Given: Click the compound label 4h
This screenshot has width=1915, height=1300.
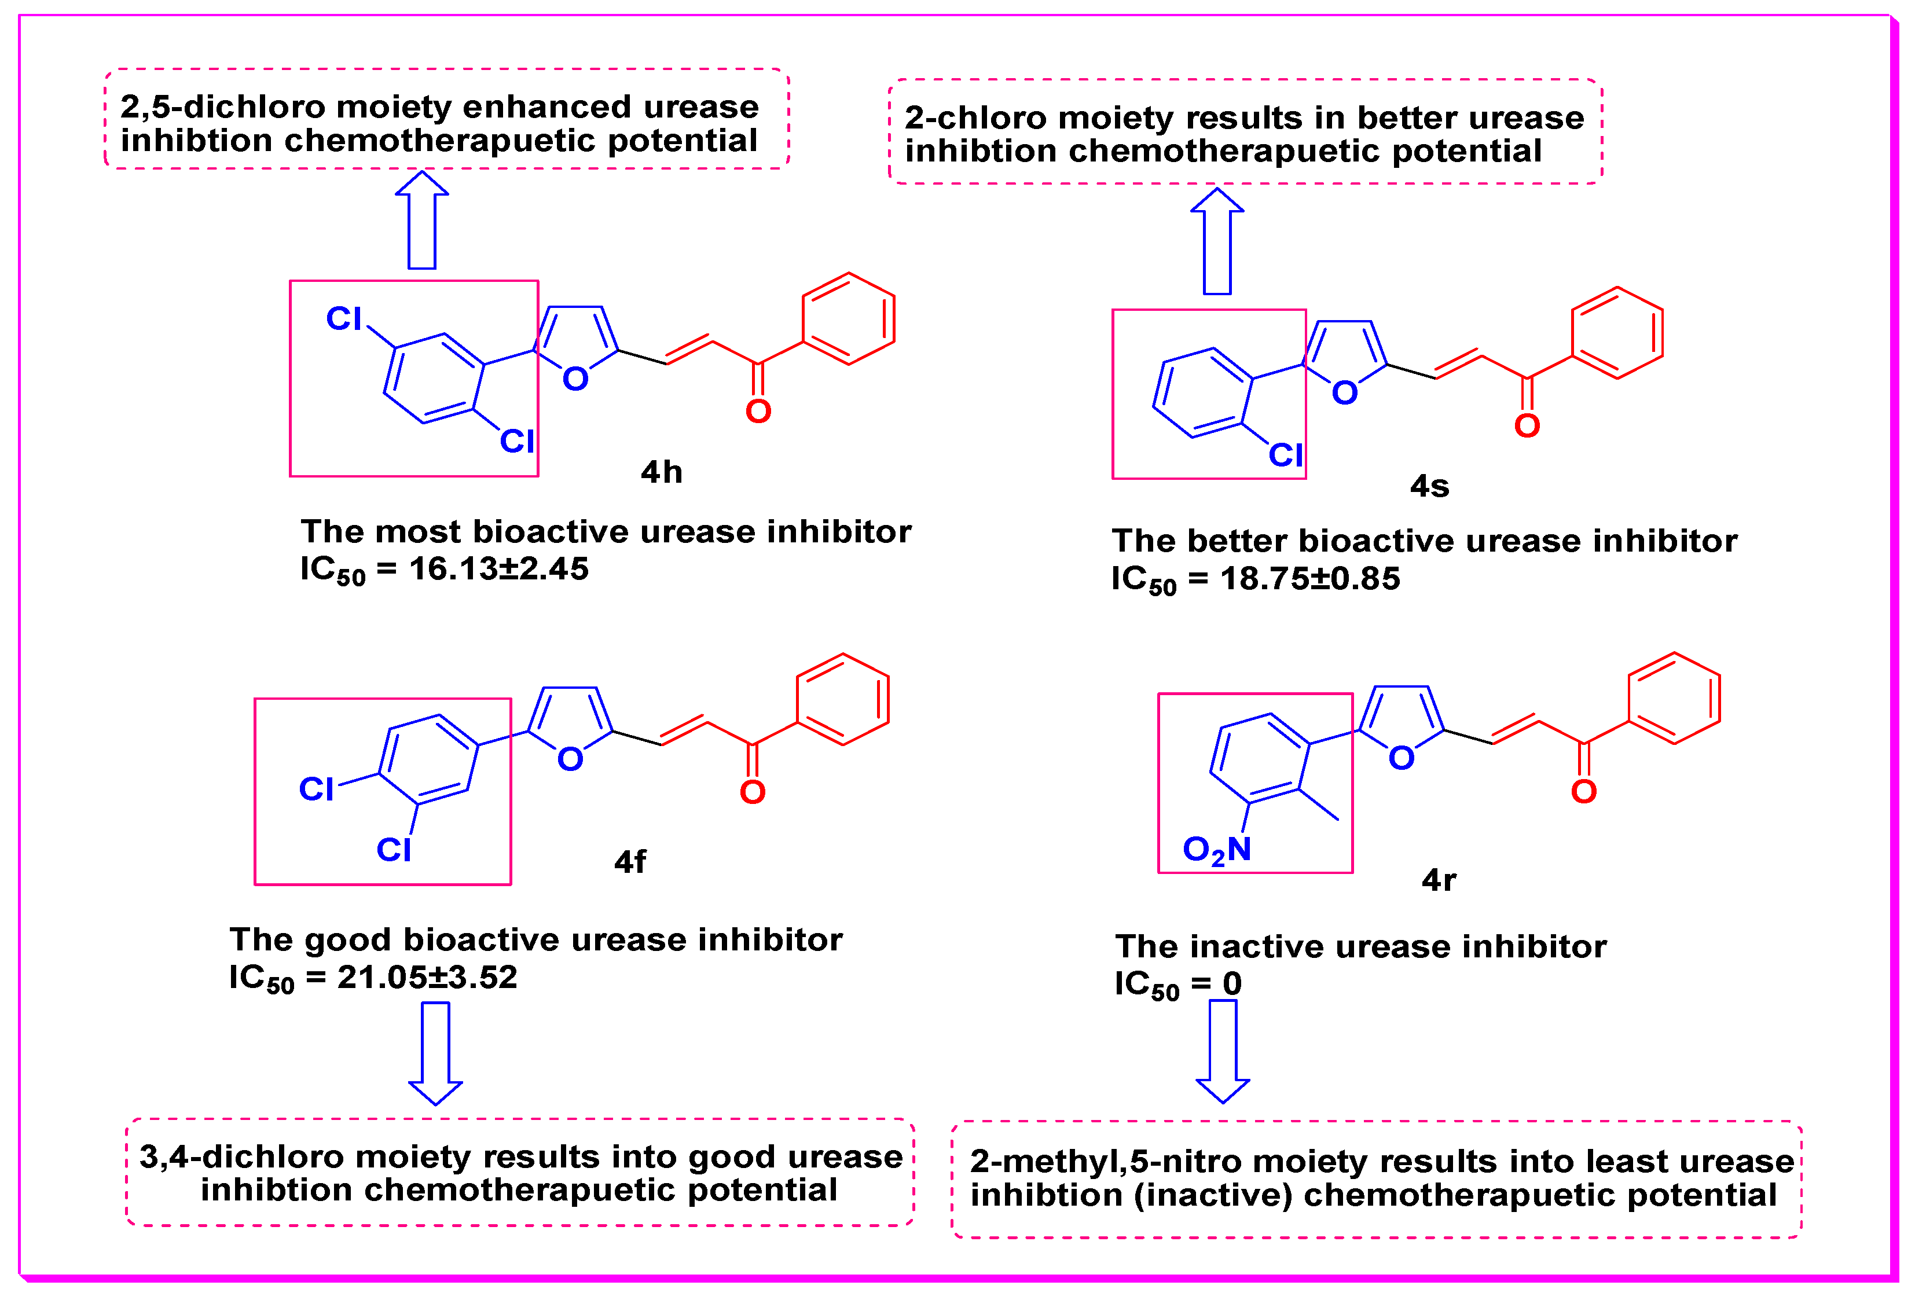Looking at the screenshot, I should [x=661, y=472].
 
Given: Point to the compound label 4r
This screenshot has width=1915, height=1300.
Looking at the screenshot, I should [x=1439, y=880].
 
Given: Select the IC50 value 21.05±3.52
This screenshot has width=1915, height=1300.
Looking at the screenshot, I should [x=427, y=977].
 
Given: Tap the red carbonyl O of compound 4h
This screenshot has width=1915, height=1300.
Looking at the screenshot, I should [x=758, y=411].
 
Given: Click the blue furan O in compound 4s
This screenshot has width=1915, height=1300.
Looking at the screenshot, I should [x=1345, y=393].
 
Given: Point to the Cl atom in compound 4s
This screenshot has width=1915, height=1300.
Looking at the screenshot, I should [x=1286, y=455].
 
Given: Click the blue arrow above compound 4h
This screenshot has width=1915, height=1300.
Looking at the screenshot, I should [x=422, y=220].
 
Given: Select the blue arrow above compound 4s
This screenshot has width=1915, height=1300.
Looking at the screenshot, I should [x=1217, y=241].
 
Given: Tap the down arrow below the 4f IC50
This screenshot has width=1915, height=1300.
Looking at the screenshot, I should [x=436, y=1053].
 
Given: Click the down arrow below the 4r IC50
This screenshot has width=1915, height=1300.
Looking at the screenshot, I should [x=1223, y=1051].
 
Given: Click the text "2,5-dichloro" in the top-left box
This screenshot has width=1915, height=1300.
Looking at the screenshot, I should [x=222, y=107].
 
